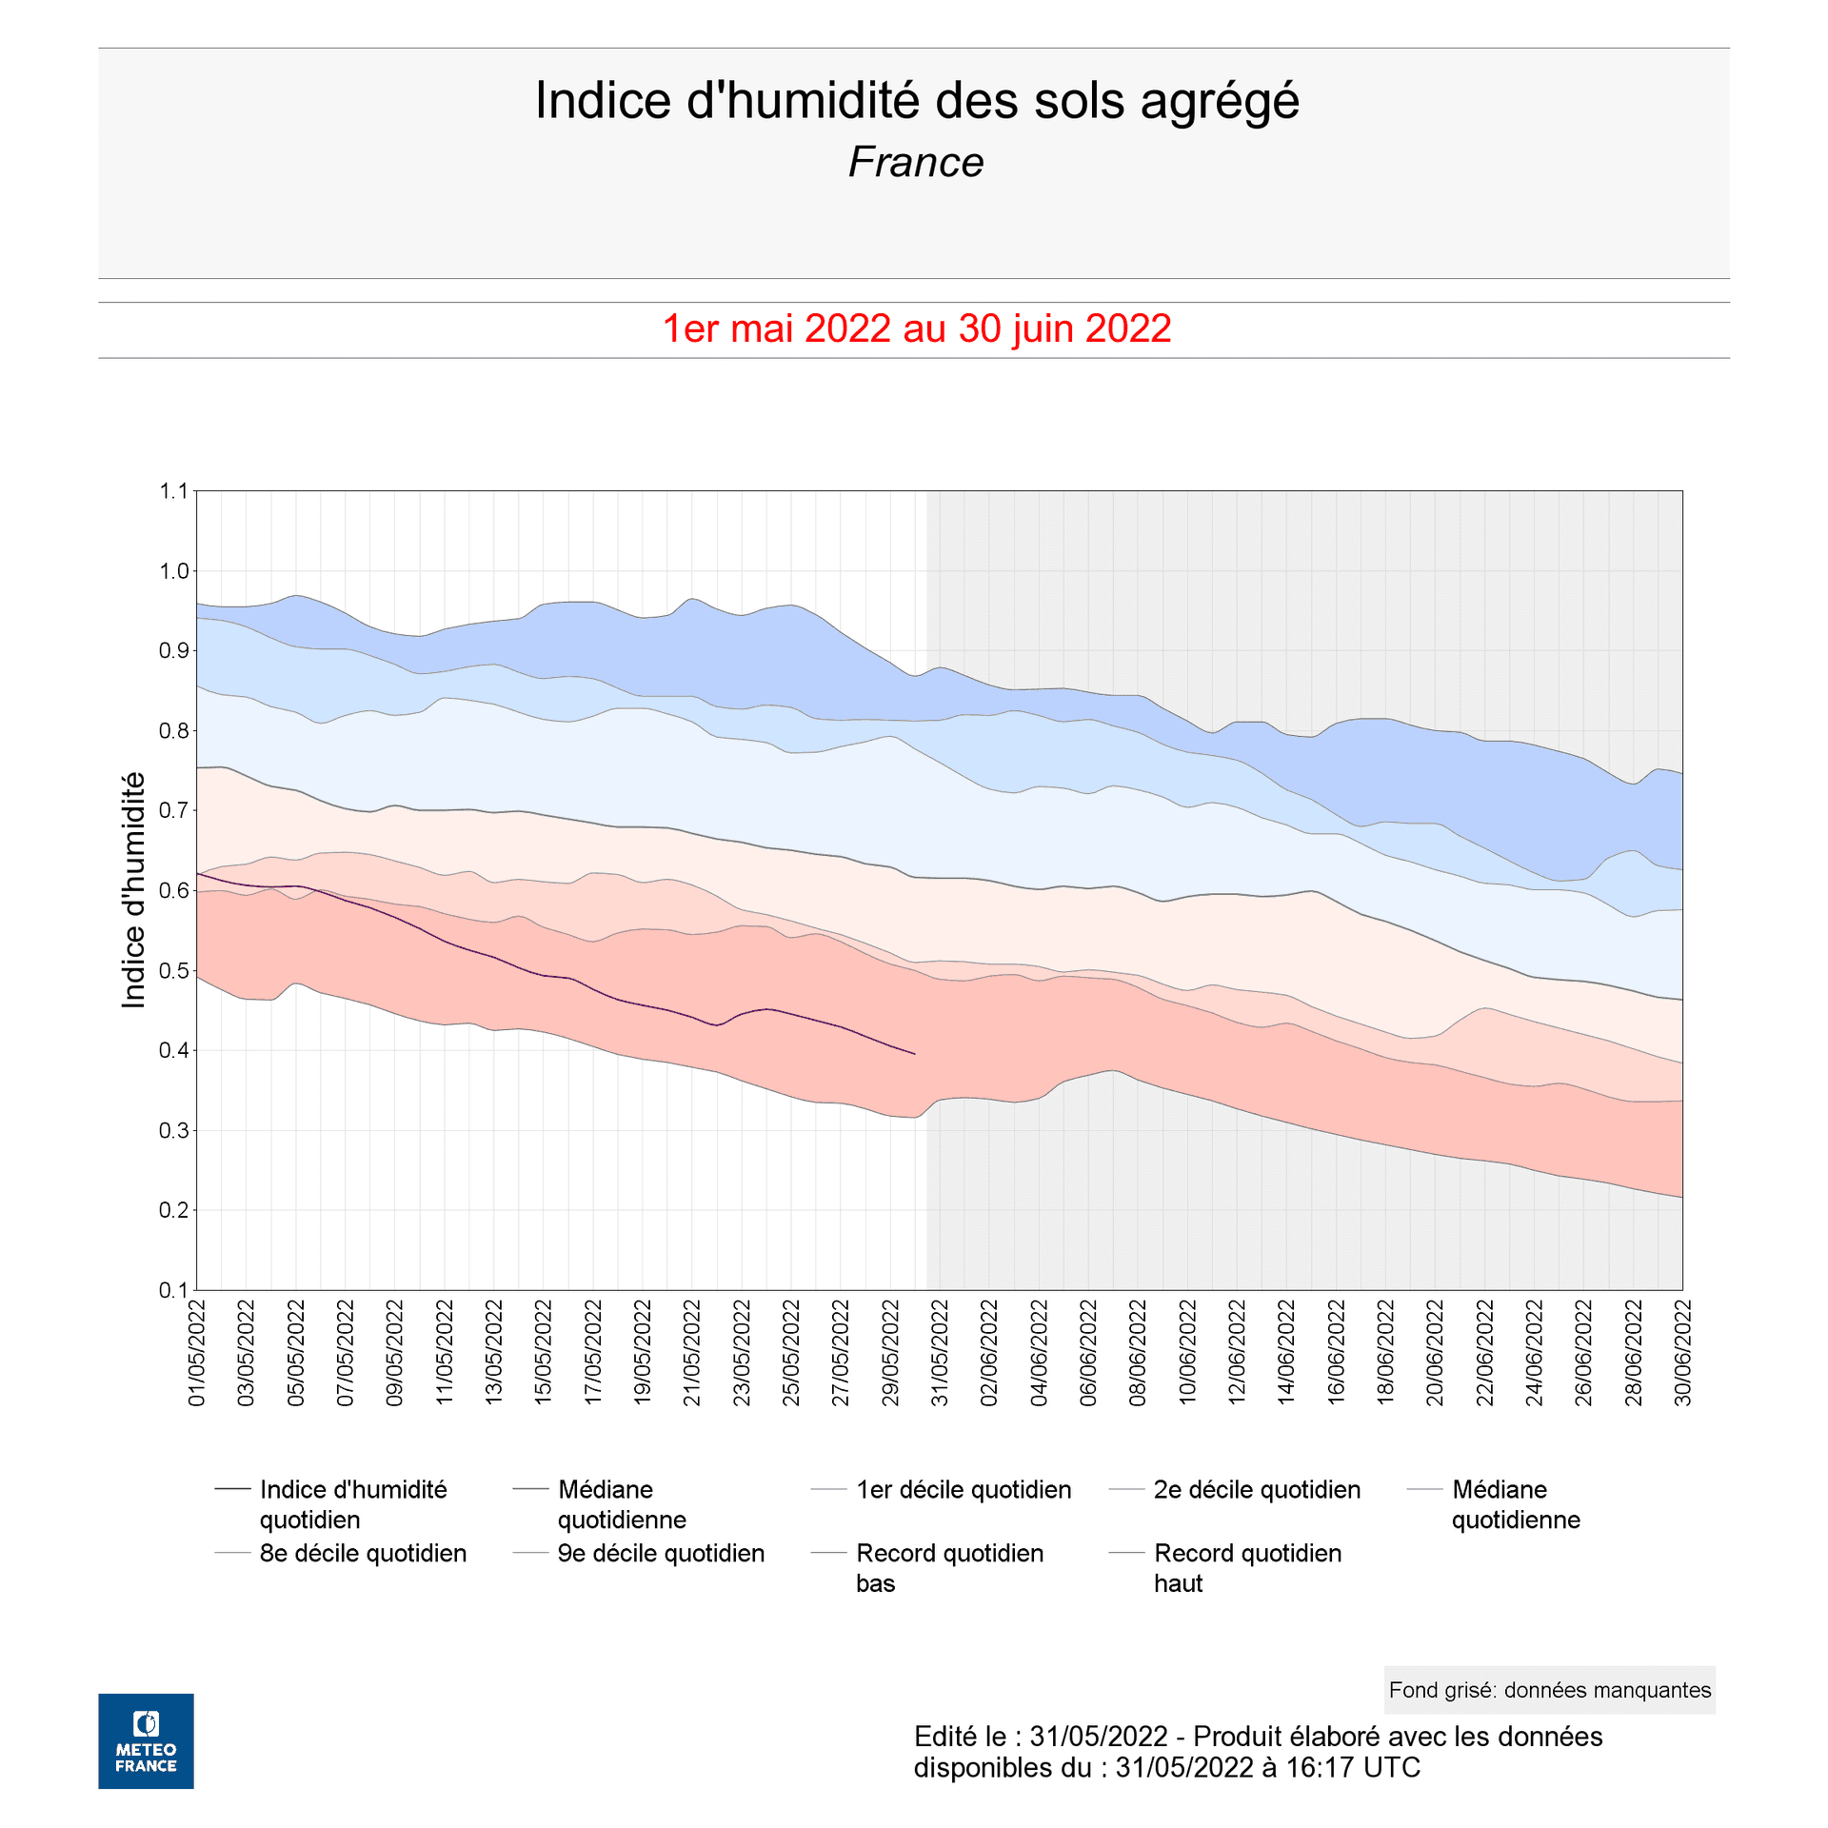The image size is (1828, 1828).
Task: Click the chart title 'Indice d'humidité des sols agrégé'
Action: coord(916,101)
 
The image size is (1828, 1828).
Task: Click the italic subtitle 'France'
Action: coord(915,163)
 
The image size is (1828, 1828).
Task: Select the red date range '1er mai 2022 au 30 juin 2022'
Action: coord(916,329)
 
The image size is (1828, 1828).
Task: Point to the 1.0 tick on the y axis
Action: coord(174,571)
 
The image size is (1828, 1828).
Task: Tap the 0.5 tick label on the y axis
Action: coord(174,971)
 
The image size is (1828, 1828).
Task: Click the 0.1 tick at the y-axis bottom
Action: coord(174,1290)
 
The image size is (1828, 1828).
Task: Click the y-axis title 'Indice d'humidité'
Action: coord(134,890)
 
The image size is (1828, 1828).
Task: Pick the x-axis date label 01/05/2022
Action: coord(197,1352)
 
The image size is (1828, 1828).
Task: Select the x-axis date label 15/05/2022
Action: coord(544,1352)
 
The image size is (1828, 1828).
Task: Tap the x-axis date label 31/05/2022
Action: coord(940,1352)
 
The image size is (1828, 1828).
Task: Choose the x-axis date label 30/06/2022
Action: coord(1683,1352)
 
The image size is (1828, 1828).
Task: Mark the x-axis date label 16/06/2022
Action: coord(1337,1352)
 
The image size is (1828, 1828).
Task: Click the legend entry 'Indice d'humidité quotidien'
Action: coord(352,1504)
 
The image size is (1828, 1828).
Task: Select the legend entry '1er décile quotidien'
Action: coord(963,1490)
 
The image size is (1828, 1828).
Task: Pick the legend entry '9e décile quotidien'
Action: coord(661,1554)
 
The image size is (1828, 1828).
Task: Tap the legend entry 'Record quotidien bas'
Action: coord(949,1568)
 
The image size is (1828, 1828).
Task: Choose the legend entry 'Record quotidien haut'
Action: coord(1247,1568)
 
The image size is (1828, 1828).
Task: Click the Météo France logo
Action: coord(146,1740)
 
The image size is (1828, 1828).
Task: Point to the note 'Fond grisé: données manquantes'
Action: coord(1549,1690)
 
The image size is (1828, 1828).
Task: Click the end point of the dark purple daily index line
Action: coord(915,1054)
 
